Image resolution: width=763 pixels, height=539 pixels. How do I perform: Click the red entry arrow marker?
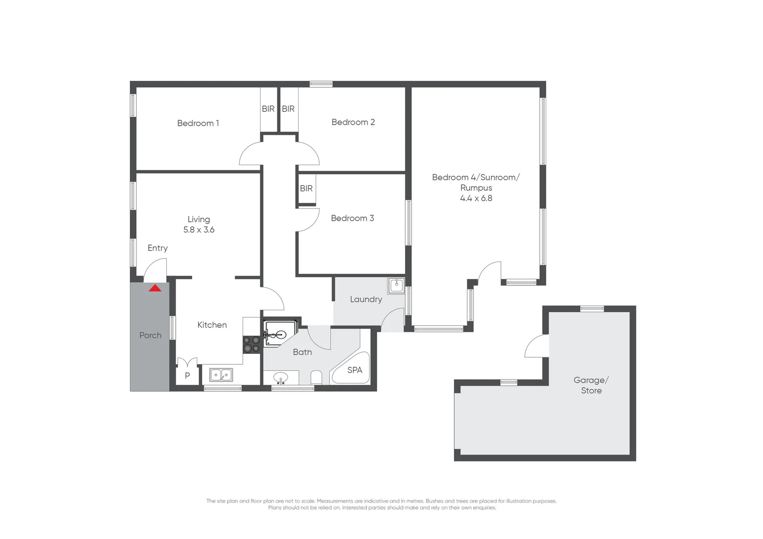point(155,288)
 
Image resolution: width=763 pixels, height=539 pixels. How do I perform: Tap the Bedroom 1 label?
point(198,123)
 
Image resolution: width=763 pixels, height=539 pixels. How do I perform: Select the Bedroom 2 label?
point(353,122)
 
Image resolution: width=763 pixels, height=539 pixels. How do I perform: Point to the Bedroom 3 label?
point(352,218)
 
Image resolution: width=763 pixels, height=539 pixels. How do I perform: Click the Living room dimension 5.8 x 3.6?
point(199,230)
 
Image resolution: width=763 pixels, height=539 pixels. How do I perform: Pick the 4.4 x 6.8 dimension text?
point(476,198)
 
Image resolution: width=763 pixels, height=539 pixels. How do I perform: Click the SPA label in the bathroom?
point(355,370)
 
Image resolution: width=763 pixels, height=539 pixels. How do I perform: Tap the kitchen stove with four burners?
point(251,344)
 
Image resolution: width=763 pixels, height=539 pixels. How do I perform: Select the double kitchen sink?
point(221,375)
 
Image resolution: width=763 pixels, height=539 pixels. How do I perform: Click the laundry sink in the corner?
point(396,285)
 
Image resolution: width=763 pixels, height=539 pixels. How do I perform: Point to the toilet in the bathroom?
point(316,377)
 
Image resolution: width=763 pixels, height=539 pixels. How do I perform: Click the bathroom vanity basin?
point(281,377)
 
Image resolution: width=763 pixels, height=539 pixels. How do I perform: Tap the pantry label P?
point(187,376)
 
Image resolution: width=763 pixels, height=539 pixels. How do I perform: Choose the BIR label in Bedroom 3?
point(306,189)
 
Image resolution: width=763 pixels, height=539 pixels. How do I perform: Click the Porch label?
point(150,336)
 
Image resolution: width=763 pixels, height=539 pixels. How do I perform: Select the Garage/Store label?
point(591,385)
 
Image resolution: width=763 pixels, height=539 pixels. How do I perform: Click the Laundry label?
point(366,299)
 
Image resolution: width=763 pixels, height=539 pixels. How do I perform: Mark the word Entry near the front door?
point(157,248)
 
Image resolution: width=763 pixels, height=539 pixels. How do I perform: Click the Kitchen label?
point(212,325)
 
